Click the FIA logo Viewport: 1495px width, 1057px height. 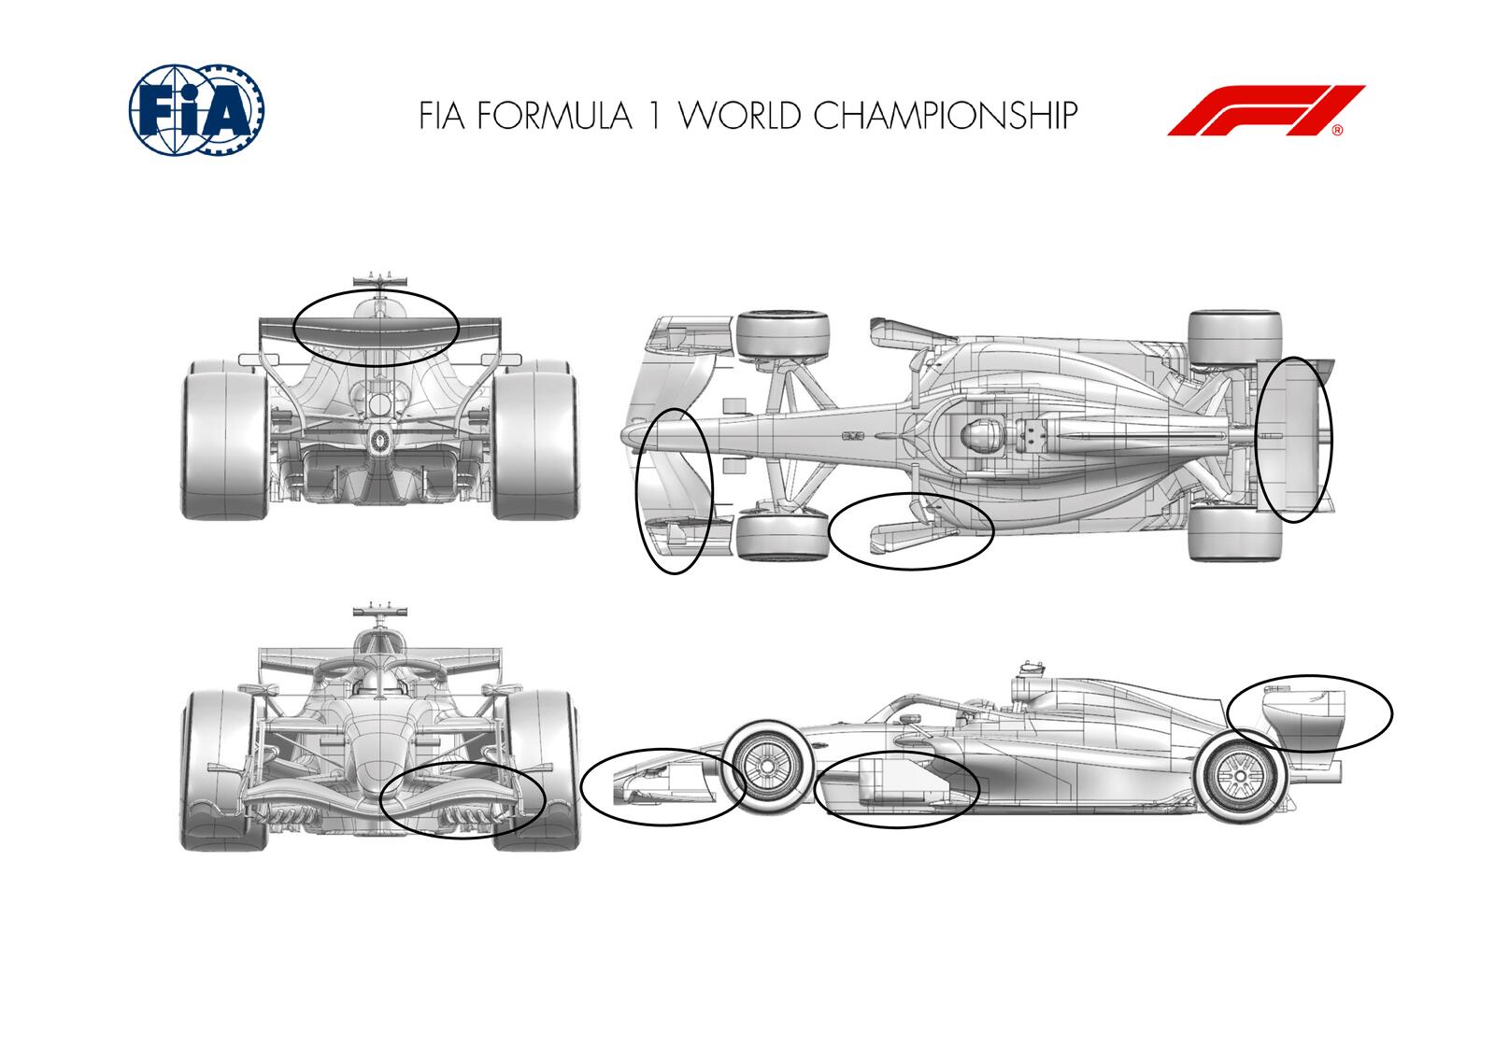(195, 109)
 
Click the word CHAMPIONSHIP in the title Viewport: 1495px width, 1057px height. (945, 115)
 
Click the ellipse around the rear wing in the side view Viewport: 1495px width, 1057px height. (1310, 712)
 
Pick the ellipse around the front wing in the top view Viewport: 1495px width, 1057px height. (675, 491)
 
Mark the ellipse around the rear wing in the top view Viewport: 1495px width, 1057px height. (1294, 439)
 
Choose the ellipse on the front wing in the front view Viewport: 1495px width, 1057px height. (463, 799)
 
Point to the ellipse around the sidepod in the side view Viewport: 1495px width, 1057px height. (897, 789)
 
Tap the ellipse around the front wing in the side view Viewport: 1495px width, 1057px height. (662, 785)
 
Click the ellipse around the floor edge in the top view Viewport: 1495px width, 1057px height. (911, 530)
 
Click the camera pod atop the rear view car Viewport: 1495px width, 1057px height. (380, 278)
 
